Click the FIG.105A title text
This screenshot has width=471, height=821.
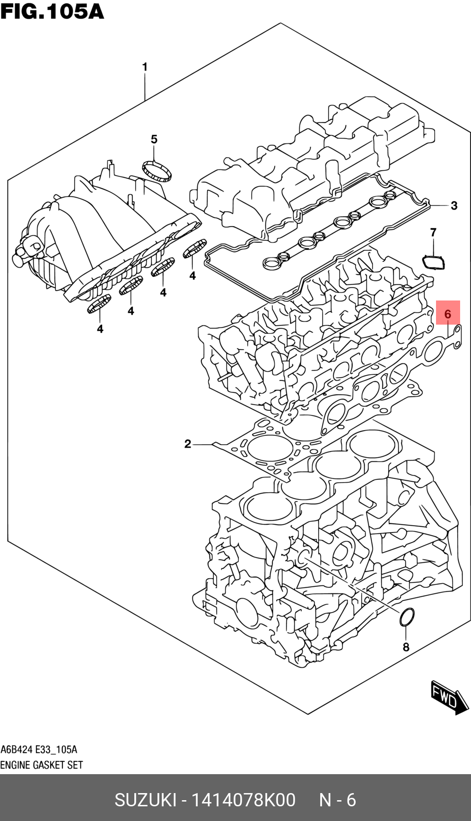pyautogui.click(x=52, y=11)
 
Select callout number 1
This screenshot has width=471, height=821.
pyautogui.click(x=145, y=67)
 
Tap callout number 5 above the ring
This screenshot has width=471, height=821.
pyautogui.click(x=154, y=139)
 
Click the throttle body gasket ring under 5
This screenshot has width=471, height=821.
pyautogui.click(x=157, y=171)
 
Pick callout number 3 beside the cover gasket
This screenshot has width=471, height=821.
pyautogui.click(x=454, y=205)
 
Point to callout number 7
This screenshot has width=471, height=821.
pyautogui.click(x=433, y=232)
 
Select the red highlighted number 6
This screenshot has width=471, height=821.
pyautogui.click(x=447, y=313)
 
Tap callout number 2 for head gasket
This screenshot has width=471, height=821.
pyautogui.click(x=188, y=444)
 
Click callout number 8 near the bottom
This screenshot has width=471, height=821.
pyautogui.click(x=406, y=647)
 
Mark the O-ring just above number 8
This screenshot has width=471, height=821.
pyautogui.click(x=407, y=618)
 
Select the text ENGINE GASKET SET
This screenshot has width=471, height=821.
pyautogui.click(x=42, y=765)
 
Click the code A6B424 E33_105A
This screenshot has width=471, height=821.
pyautogui.click(x=39, y=750)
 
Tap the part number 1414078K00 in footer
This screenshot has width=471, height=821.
pyautogui.click(x=243, y=800)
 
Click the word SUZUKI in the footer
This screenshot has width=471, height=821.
pyautogui.click(x=145, y=800)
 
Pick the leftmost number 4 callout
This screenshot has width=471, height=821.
pyautogui.click(x=100, y=328)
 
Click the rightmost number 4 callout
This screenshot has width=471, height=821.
pyautogui.click(x=192, y=275)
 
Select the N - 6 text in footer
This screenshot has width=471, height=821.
pyautogui.click(x=337, y=800)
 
